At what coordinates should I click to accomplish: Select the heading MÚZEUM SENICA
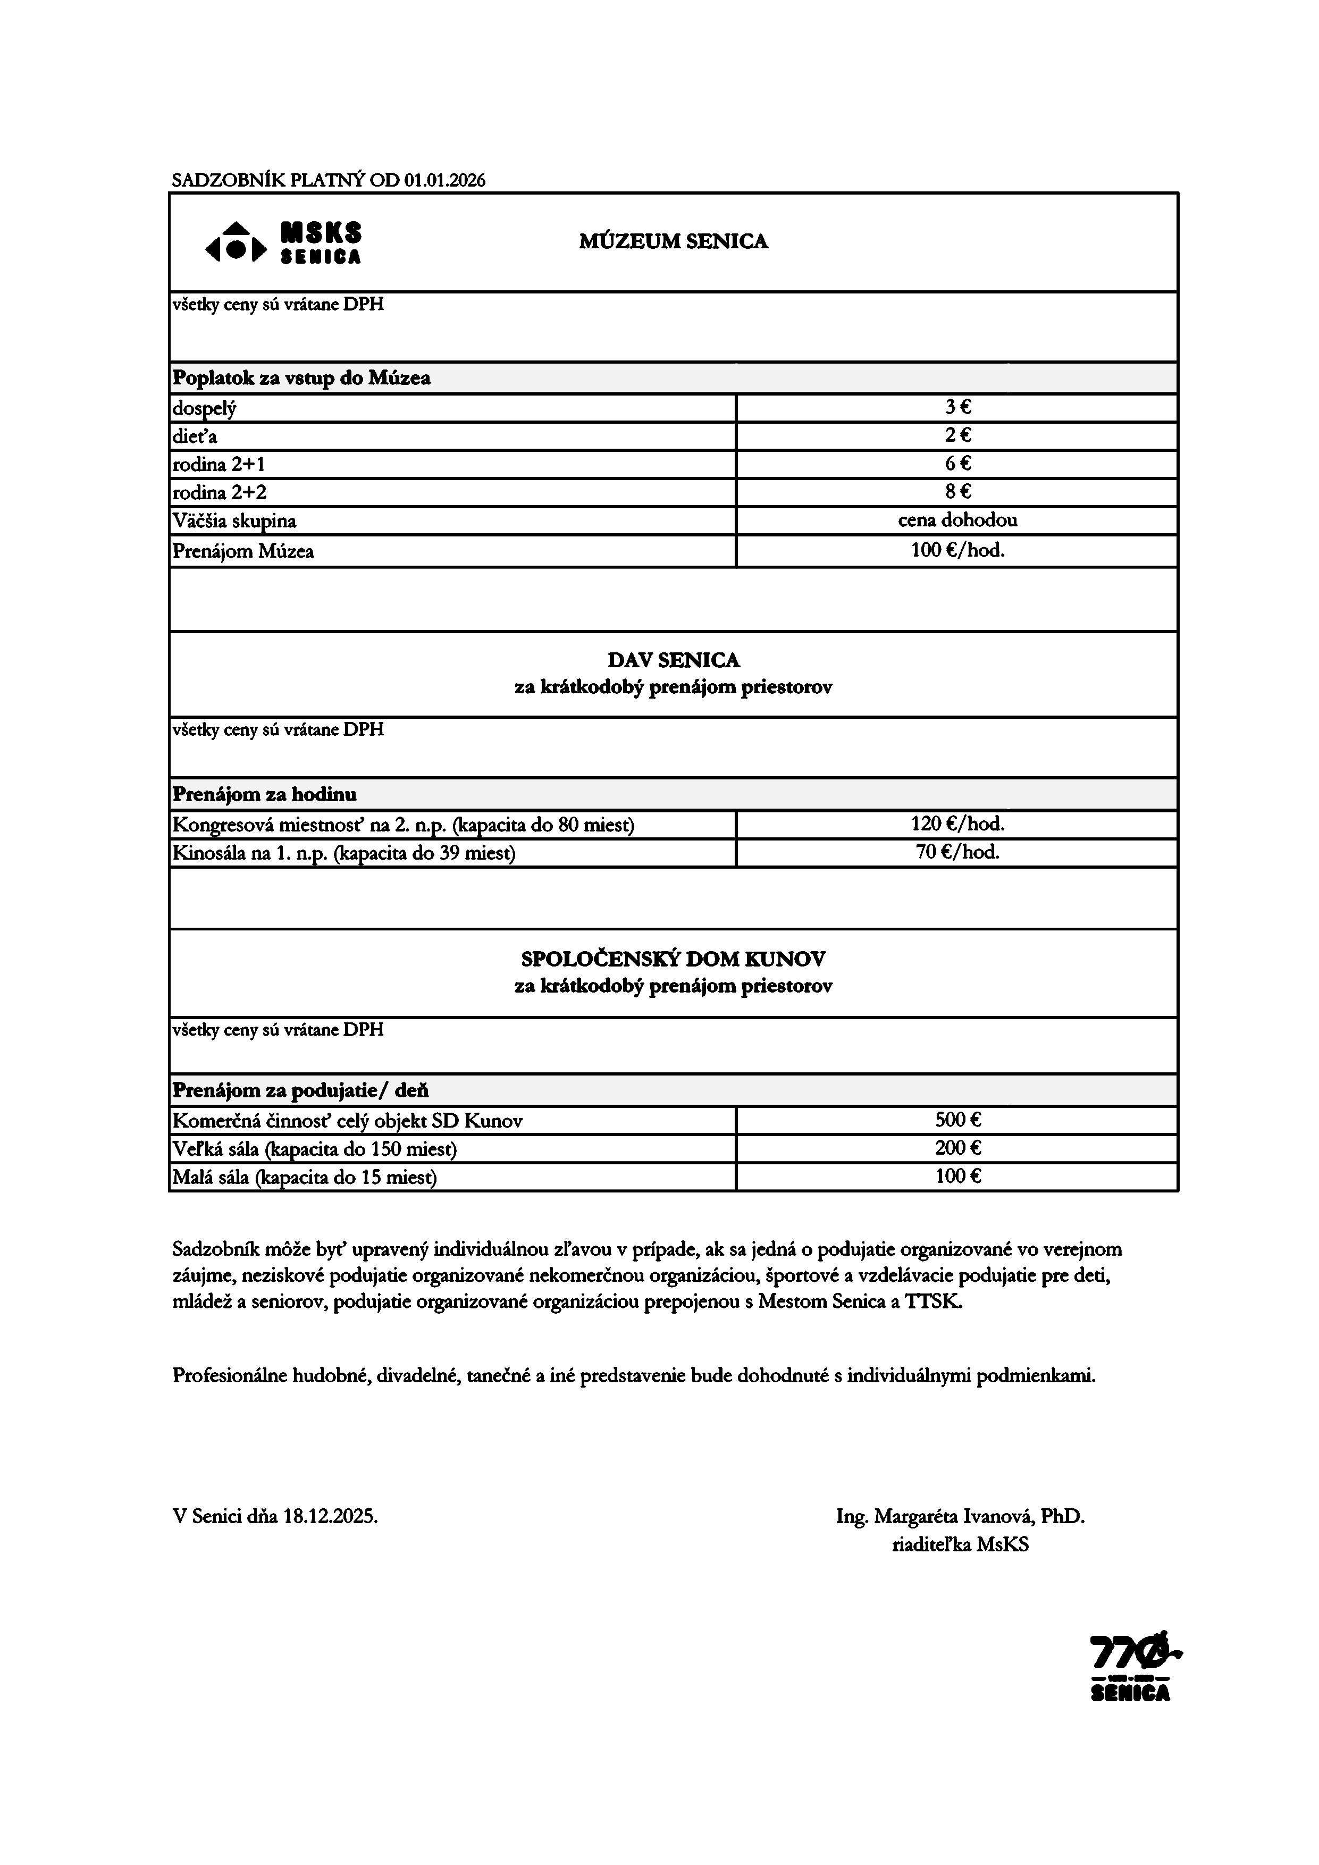(673, 241)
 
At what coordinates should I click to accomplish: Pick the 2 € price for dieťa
(957, 435)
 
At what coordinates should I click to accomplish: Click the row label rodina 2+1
(219, 465)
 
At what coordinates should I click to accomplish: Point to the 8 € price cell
(957, 491)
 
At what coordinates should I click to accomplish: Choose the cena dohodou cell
(957, 520)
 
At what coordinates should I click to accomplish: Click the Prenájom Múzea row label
(243, 551)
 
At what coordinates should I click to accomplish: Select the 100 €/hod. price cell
(957, 551)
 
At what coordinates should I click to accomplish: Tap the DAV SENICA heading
(673, 660)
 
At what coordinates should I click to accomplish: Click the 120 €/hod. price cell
(957, 825)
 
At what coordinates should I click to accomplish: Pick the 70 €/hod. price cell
(957, 852)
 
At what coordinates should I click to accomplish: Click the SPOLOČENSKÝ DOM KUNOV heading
(673, 959)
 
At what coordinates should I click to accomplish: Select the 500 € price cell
(957, 1120)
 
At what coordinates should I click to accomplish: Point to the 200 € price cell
(957, 1148)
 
